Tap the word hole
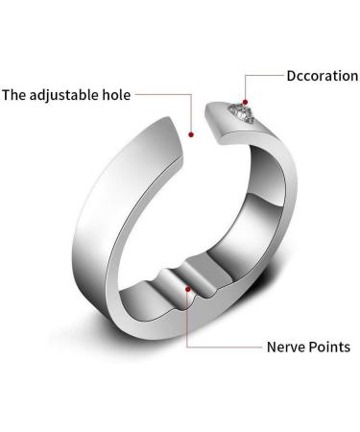[116, 95]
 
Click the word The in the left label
[15, 95]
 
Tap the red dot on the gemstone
[244, 100]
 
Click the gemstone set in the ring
[240, 114]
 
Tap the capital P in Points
[312, 347]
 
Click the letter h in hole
[106, 95]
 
